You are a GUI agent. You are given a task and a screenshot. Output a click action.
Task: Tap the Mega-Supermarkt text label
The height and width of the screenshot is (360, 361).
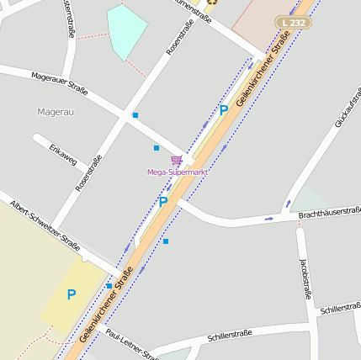[x=177, y=172]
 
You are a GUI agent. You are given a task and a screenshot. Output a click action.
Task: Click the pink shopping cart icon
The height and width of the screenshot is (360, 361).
[x=176, y=160]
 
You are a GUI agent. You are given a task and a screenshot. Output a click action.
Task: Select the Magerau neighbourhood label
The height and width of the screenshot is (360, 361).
[x=56, y=112]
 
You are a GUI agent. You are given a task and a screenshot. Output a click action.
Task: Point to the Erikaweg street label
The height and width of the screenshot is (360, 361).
[x=63, y=155]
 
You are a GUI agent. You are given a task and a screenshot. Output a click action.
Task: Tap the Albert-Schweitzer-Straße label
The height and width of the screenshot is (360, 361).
[x=45, y=226]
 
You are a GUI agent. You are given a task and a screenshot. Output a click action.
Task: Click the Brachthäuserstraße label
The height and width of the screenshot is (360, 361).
[x=329, y=214]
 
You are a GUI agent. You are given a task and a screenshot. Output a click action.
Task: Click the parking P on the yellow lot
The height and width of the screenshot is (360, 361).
[x=72, y=294]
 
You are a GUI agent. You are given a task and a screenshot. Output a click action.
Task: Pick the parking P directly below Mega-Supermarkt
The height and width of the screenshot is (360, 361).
[x=162, y=202]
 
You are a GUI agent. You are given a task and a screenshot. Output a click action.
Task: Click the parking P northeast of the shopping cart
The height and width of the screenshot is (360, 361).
[x=224, y=109]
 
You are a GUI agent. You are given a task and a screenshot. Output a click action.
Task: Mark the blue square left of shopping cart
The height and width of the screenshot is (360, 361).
[x=157, y=148]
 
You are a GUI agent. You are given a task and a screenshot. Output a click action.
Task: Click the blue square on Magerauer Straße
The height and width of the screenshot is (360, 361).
[x=135, y=114]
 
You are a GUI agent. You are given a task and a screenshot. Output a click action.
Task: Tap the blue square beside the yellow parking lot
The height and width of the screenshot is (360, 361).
[x=109, y=286]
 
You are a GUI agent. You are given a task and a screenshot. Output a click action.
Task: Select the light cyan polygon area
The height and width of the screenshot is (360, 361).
[x=127, y=30]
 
